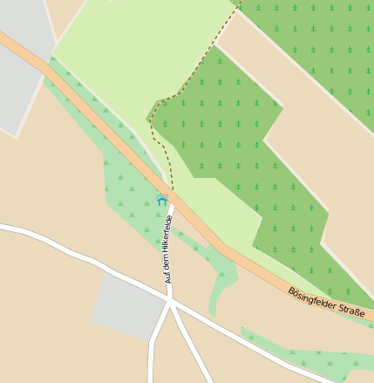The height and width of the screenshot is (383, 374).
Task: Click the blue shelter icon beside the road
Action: [161, 200]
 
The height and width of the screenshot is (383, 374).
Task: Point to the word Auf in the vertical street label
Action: [169, 277]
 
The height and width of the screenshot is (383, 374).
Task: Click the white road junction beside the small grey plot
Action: [170, 302]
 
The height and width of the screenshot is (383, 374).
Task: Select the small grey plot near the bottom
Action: [129, 305]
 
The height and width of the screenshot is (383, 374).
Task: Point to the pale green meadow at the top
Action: [131, 52]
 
